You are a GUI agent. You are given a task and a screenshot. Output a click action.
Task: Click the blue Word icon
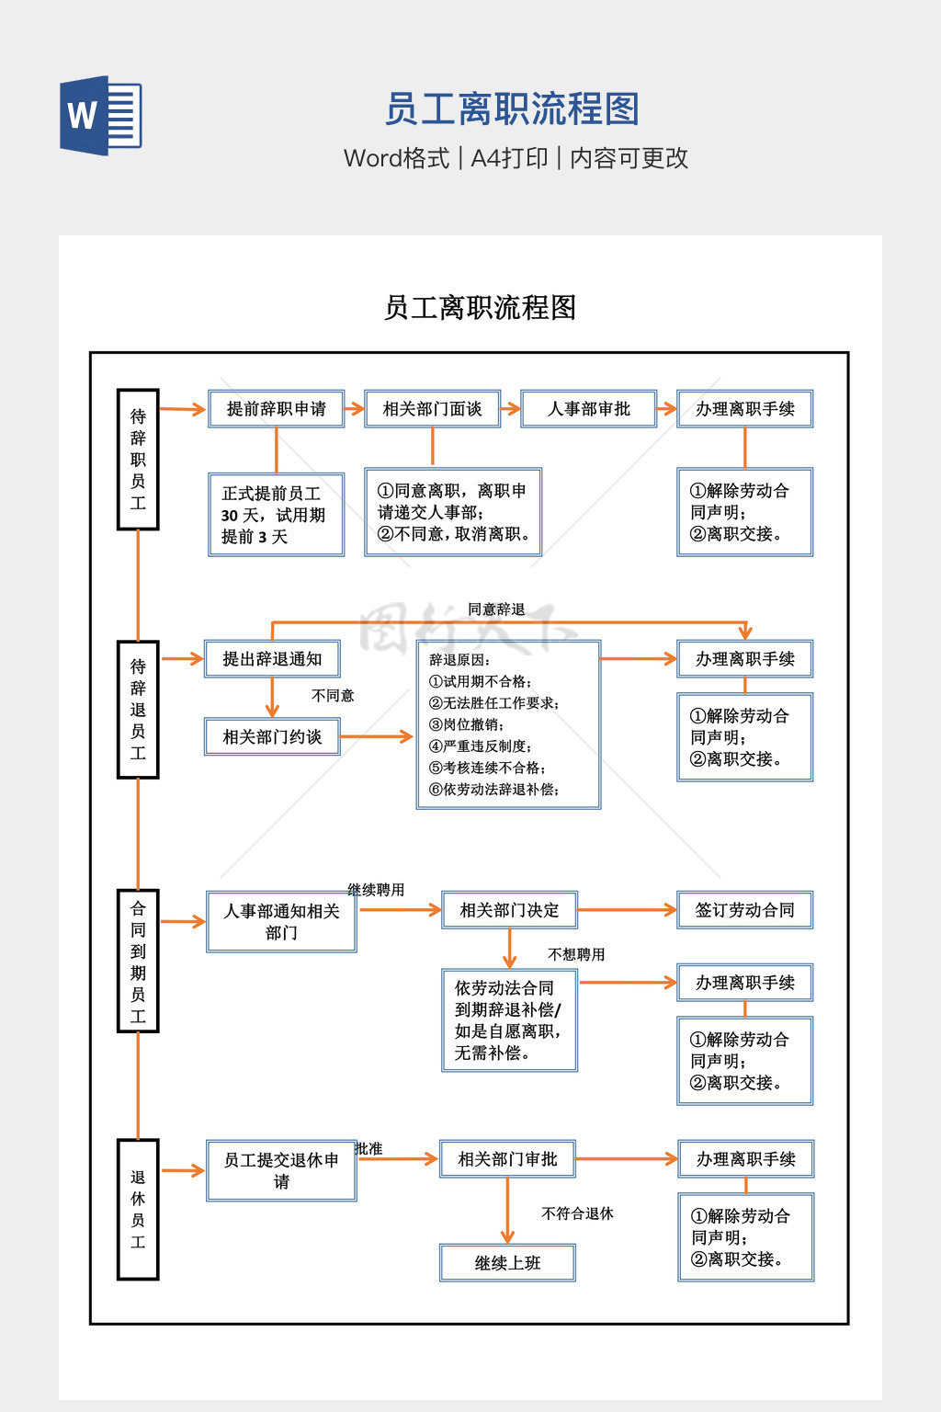click(x=101, y=115)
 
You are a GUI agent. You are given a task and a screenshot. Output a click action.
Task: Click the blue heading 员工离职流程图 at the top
click(x=511, y=109)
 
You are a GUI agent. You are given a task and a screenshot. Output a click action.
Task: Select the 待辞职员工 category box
click(x=138, y=460)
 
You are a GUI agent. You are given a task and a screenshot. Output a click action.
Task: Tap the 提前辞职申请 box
click(x=276, y=409)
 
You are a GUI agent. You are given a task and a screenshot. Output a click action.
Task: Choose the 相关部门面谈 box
click(x=432, y=409)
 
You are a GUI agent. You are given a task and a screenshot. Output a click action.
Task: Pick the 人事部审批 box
click(x=589, y=409)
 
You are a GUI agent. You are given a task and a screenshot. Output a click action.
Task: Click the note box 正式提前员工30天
click(x=276, y=515)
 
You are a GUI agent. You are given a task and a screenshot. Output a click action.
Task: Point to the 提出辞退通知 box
click(x=272, y=659)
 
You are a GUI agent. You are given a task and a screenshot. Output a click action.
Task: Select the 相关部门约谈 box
click(x=272, y=737)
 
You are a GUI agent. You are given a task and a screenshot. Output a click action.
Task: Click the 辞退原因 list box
click(x=508, y=724)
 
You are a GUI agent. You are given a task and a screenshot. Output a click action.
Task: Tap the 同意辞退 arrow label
click(x=496, y=609)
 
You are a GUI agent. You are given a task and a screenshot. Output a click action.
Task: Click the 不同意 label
click(x=333, y=696)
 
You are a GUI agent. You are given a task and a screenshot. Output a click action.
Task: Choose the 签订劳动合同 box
click(x=744, y=910)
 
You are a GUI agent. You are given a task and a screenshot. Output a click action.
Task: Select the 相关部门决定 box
click(x=509, y=910)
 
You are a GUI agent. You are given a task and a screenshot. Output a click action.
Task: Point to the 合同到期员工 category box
click(x=138, y=961)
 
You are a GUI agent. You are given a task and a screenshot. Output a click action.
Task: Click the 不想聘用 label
click(x=576, y=954)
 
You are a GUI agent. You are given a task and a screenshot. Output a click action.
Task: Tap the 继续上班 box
click(x=507, y=1263)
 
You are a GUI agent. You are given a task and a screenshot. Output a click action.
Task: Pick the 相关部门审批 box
click(x=507, y=1159)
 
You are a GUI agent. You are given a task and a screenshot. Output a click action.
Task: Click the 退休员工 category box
click(x=138, y=1209)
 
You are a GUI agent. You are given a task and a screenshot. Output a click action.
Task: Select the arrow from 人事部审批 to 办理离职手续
click(x=667, y=409)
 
